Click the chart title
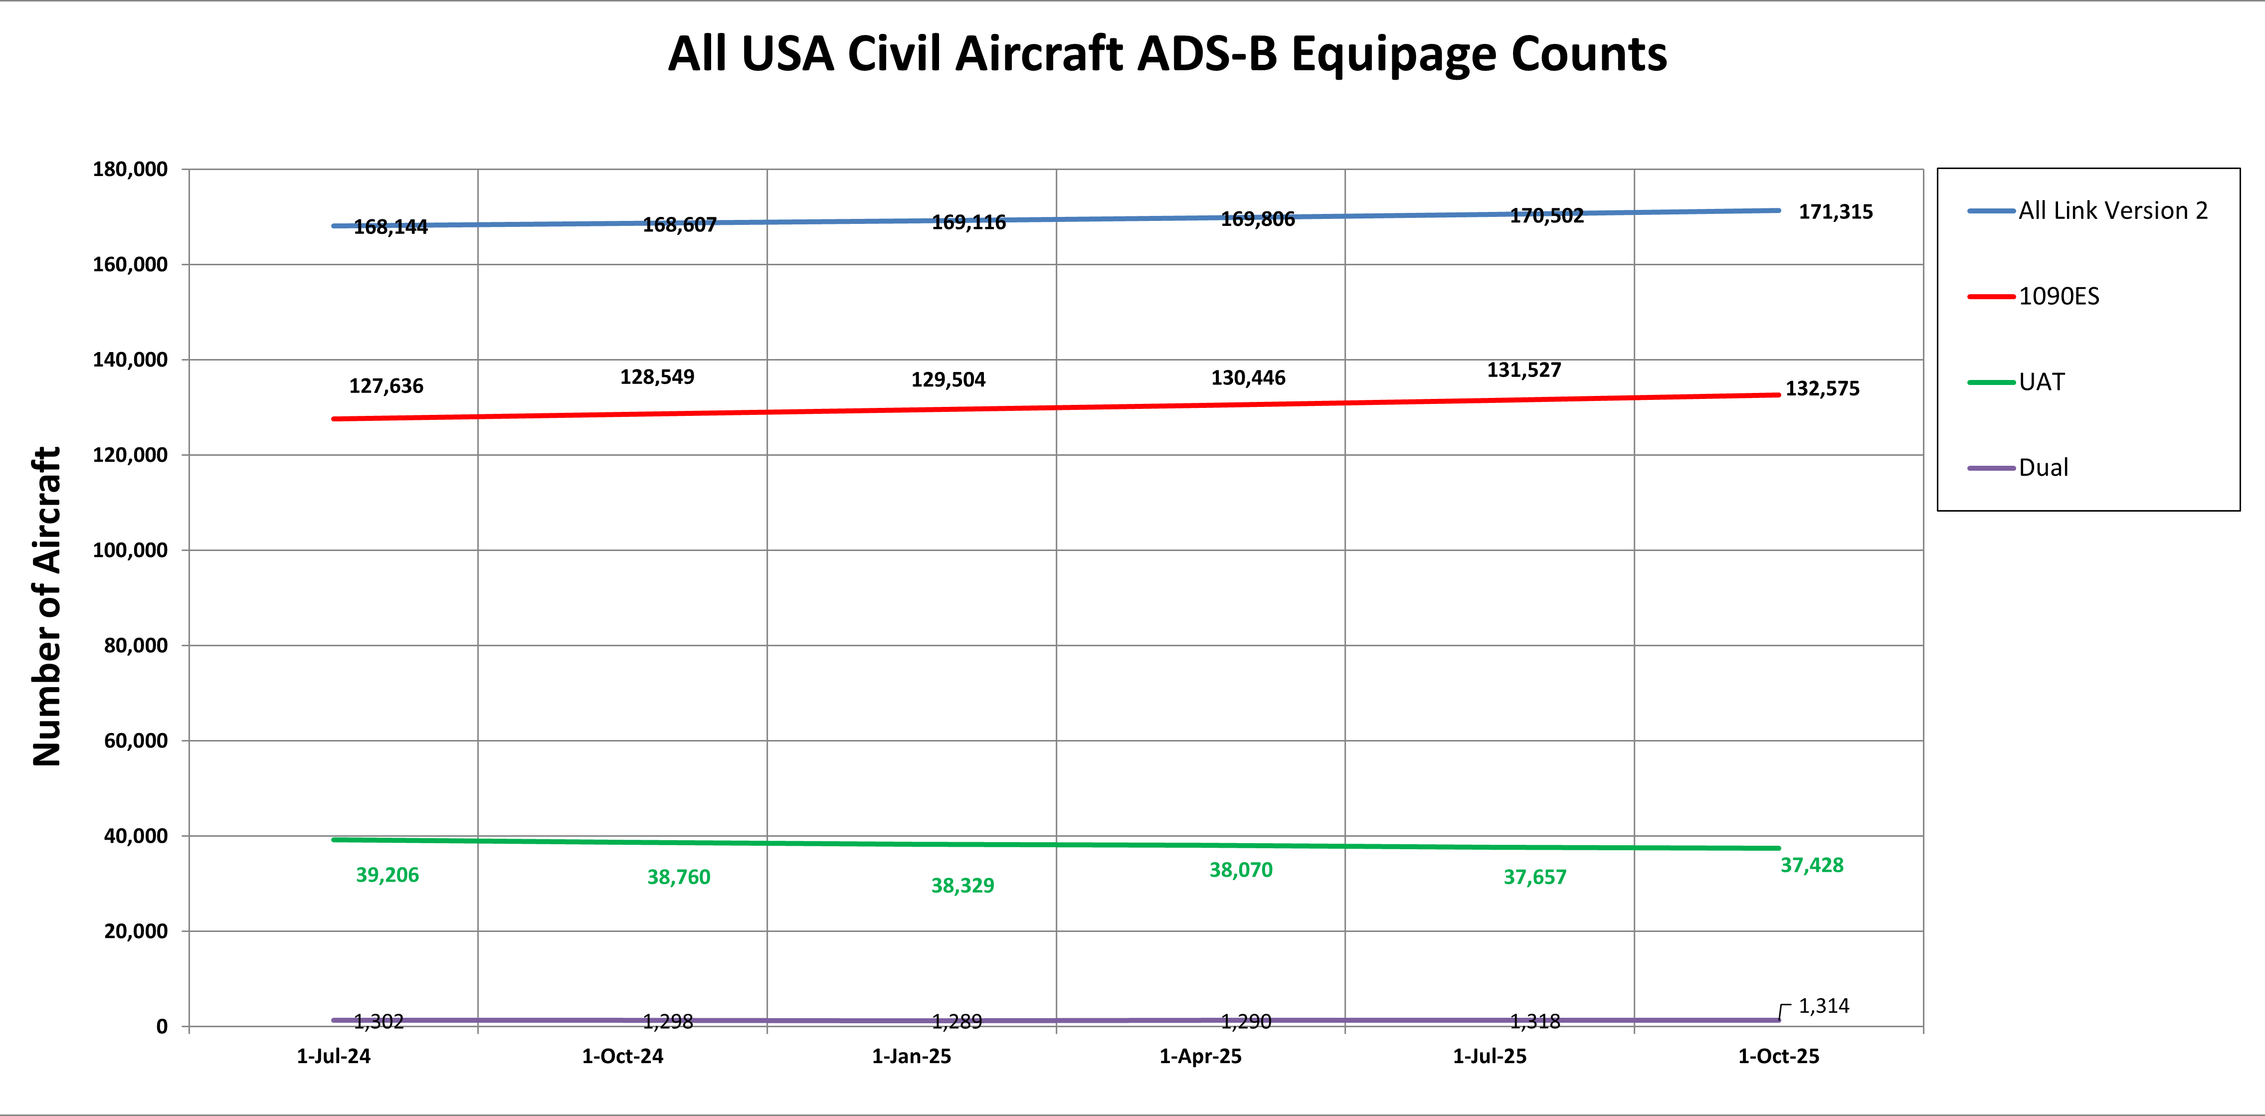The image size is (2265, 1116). coord(1167,54)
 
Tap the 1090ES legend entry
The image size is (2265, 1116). coord(2059,296)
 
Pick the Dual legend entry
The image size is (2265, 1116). coord(2043,468)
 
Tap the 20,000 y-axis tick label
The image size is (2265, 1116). coord(136,931)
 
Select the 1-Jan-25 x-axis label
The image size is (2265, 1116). coord(911,1056)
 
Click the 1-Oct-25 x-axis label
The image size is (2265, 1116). coord(1778,1056)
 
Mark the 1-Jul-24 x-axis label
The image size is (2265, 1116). coord(333,1056)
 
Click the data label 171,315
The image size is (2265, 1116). coord(1835,212)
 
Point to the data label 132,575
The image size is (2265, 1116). coord(1822,389)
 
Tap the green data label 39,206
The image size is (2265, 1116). coord(387,875)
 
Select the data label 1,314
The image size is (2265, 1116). coord(1824,1006)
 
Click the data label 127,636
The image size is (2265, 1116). coord(386,386)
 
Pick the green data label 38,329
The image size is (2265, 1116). coord(962,886)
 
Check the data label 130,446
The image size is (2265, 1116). coord(1248,378)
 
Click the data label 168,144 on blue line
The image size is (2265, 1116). coord(390,227)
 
